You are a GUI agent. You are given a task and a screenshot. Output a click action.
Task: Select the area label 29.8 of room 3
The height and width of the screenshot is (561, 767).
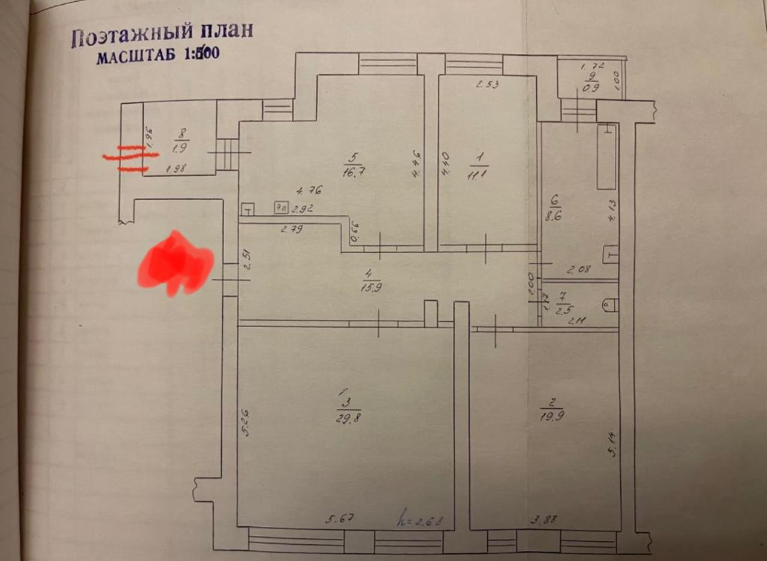tap(348, 417)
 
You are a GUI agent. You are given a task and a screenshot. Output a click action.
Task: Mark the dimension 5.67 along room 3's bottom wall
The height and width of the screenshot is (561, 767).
tap(337, 520)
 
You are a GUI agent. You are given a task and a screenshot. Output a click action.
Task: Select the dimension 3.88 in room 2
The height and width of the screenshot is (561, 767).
tap(543, 520)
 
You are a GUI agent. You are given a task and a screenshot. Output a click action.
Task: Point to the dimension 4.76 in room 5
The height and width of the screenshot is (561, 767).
tap(310, 191)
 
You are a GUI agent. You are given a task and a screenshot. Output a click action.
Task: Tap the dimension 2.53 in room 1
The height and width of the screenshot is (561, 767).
tap(487, 85)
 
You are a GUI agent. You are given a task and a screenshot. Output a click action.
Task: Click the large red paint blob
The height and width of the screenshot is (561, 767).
tap(176, 264)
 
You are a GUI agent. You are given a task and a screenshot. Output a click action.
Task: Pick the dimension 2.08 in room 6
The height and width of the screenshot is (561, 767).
tap(579, 270)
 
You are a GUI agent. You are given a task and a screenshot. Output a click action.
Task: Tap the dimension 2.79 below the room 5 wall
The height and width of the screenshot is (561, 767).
tap(292, 228)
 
